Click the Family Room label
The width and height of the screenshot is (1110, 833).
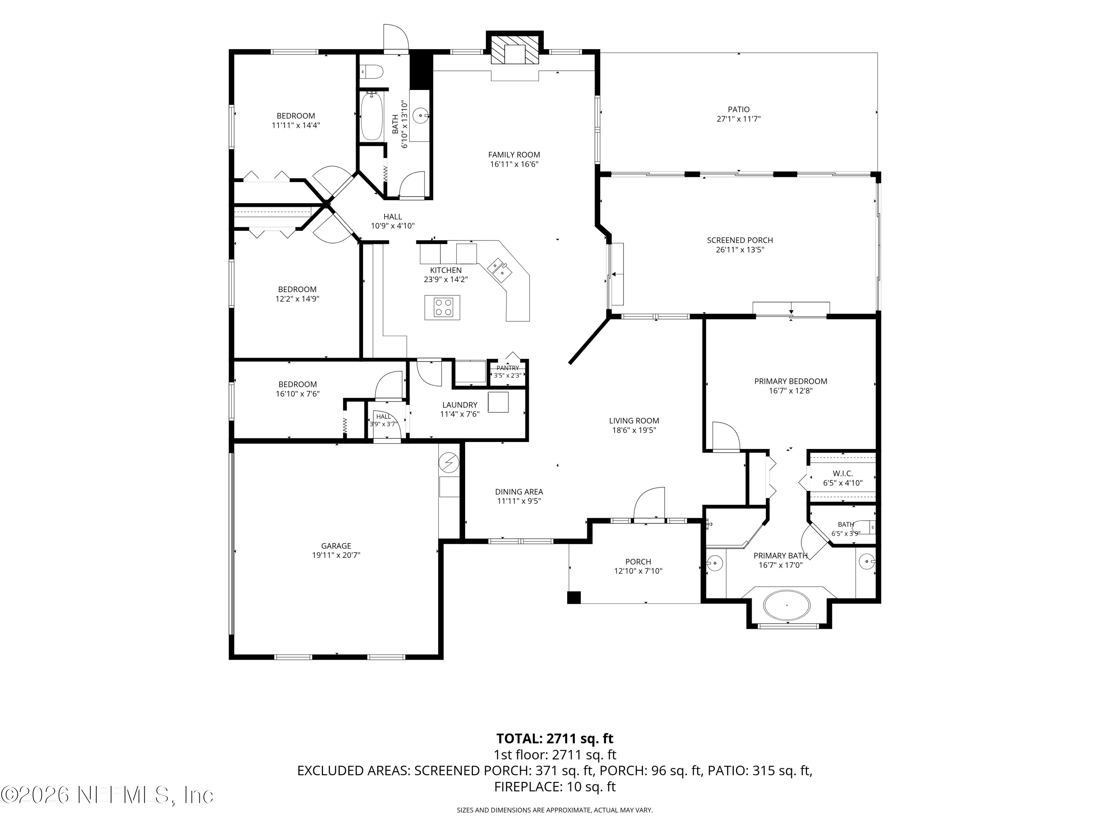pos(514,155)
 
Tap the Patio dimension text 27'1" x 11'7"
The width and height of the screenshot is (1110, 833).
pos(738,119)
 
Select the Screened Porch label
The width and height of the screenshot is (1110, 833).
pos(740,240)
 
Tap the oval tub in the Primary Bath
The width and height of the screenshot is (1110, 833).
pos(786,605)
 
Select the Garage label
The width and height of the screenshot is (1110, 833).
pos(336,546)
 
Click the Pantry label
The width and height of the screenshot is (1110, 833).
pos(508,368)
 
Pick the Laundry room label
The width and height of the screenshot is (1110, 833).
pos(460,405)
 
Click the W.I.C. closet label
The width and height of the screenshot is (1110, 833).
pos(842,474)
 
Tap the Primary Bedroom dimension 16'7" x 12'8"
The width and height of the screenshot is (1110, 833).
pos(790,391)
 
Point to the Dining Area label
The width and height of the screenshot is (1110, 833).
pos(519,492)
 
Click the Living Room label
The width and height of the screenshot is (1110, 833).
pos(634,421)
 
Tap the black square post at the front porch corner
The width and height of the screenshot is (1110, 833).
pos(573,598)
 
